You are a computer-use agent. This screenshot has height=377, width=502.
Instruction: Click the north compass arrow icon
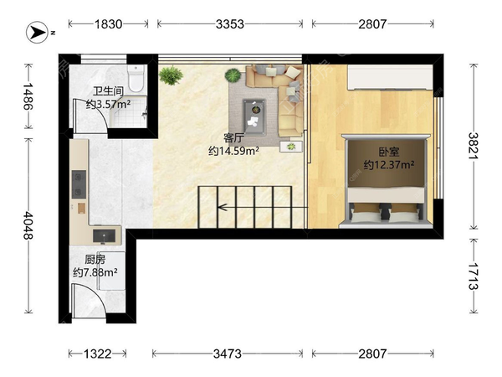click(37, 32)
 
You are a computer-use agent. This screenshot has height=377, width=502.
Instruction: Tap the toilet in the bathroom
click(136, 78)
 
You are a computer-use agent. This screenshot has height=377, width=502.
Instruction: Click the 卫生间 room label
click(108, 91)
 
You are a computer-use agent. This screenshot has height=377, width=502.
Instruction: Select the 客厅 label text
click(233, 138)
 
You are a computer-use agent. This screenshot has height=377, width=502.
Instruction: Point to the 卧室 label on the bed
click(389, 152)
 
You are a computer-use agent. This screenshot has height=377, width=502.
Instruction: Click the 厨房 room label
click(95, 259)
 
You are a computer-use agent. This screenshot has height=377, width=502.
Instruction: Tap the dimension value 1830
click(108, 24)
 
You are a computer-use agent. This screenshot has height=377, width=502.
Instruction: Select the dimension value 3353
click(230, 24)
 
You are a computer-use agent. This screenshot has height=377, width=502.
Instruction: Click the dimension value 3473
click(228, 354)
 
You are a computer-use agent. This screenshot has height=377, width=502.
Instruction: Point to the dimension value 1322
click(97, 354)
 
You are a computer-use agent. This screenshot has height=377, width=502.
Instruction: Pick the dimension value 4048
click(28, 225)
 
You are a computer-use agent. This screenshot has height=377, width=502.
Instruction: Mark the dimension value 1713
click(474, 276)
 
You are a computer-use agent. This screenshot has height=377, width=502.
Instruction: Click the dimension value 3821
click(474, 146)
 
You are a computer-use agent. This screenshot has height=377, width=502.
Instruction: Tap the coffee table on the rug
click(254, 116)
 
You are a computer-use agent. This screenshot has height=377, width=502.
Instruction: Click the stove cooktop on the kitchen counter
click(79, 184)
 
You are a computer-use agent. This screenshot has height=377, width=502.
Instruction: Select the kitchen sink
click(104, 235)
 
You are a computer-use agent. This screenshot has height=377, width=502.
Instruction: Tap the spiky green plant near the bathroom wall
click(171, 75)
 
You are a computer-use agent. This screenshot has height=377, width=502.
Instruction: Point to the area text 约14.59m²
click(233, 151)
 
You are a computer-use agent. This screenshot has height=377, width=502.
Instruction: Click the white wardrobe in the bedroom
click(390, 78)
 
